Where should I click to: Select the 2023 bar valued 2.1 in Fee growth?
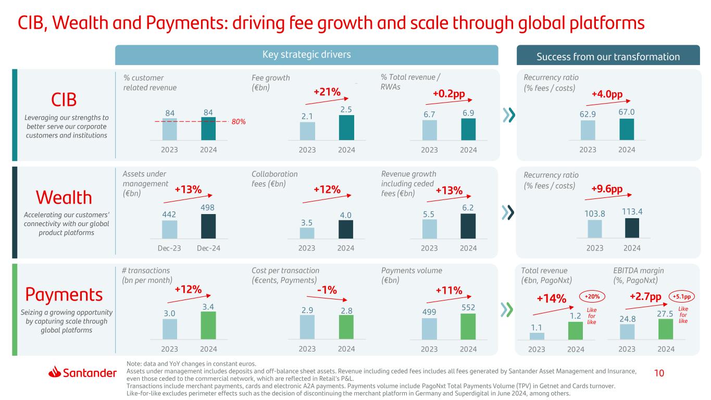pos(307,131)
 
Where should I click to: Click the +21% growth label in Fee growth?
pos(327,92)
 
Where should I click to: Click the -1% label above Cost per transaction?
pos(327,290)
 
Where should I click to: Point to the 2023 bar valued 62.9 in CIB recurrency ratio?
pos(588,131)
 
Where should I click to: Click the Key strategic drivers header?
pos(306,55)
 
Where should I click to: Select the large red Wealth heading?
pos(64,197)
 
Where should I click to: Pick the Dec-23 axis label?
pos(169,248)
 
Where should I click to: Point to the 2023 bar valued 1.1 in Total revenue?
pos(537,336)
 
